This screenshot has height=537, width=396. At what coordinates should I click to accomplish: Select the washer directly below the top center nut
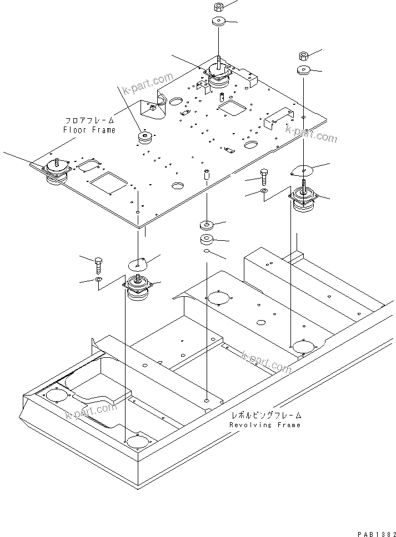[x=218, y=22]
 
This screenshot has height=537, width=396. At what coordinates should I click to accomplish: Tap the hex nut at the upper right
[x=303, y=55]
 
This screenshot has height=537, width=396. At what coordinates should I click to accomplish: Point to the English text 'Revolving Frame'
[x=265, y=425]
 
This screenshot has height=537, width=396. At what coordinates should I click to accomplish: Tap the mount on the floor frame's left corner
[x=56, y=169]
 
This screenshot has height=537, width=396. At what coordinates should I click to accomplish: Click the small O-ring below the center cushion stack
[x=206, y=251]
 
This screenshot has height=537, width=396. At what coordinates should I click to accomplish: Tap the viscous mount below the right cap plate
[x=303, y=201]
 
